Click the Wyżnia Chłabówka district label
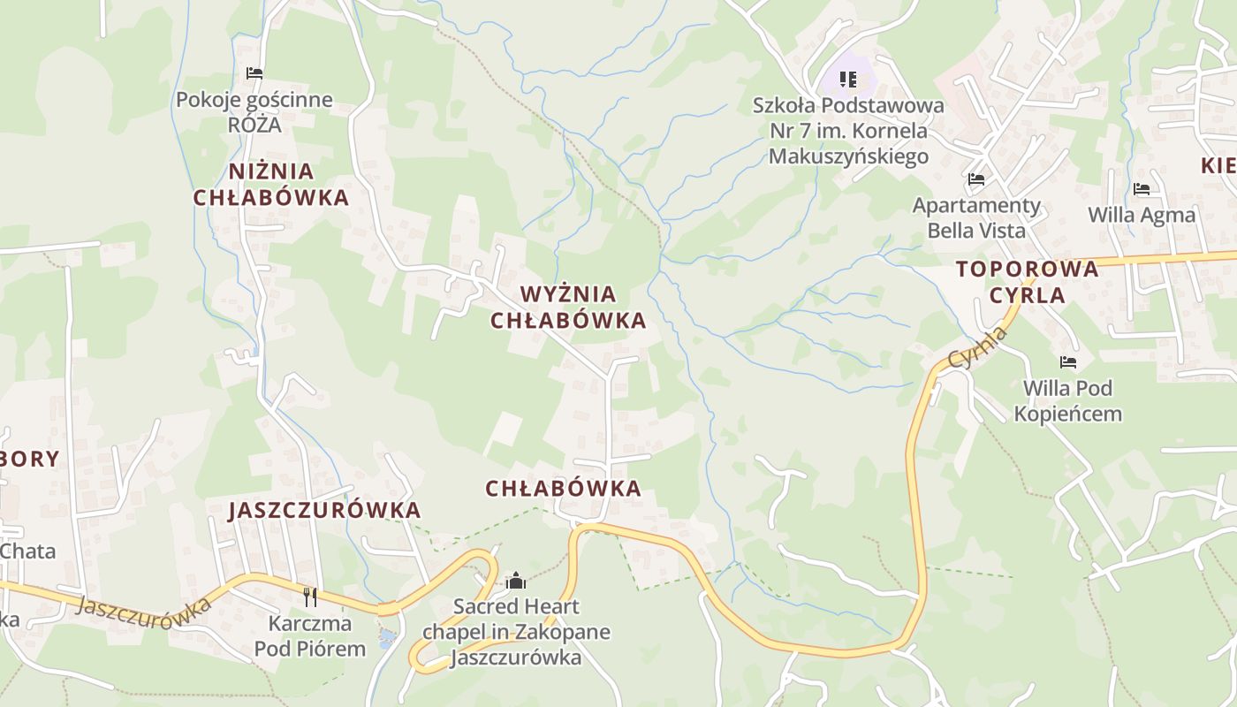pyautogui.click(x=568, y=308)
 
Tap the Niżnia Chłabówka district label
pyautogui.click(x=271, y=185)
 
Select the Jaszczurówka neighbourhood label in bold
pyautogui.click(x=324, y=511)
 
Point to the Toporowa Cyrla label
pyautogui.click(x=1027, y=282)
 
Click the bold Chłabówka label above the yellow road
pyautogui.click(x=563, y=489)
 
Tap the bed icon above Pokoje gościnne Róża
pyautogui.click(x=254, y=73)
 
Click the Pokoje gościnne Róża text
pyautogui.click(x=254, y=111)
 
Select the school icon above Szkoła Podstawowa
pyautogui.click(x=848, y=80)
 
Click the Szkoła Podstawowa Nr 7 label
pyautogui.click(x=848, y=131)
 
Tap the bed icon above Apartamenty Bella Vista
pyautogui.click(x=976, y=179)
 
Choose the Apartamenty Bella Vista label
pyautogui.click(x=976, y=218)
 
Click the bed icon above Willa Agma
pyautogui.click(x=1142, y=189)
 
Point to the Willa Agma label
pyautogui.click(x=1142, y=215)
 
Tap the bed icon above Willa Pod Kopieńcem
pyautogui.click(x=1068, y=362)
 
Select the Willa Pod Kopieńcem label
pyautogui.click(x=1068, y=400)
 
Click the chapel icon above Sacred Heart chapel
pyautogui.click(x=516, y=581)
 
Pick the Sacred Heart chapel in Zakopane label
pyautogui.click(x=516, y=632)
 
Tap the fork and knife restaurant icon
pyautogui.click(x=310, y=597)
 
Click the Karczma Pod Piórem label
pyautogui.click(x=310, y=636)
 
